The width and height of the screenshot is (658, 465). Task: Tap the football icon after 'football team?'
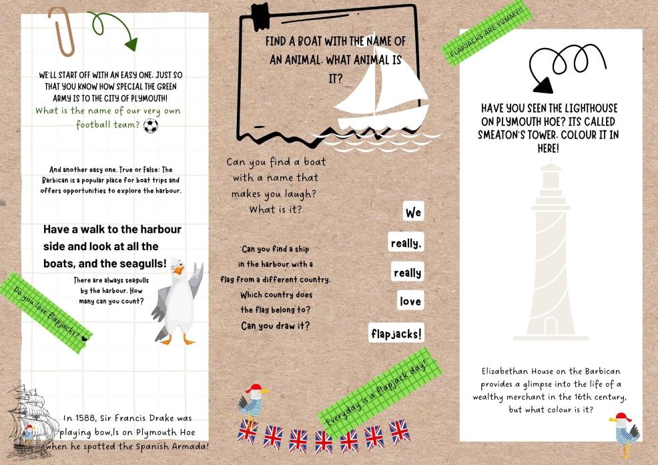151,125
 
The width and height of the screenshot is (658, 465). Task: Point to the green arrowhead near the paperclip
131,44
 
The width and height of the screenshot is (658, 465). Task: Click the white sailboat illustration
381,97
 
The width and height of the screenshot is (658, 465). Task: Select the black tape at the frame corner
259,15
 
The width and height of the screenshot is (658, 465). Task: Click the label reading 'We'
413,213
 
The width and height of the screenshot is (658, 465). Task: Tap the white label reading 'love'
410,302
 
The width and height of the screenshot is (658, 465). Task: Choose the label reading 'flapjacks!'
396,333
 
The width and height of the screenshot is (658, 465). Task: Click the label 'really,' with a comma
406,244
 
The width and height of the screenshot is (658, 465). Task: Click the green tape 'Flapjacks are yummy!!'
485,33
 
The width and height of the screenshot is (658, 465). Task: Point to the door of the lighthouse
551,326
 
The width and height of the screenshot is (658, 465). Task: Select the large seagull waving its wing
176,302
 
